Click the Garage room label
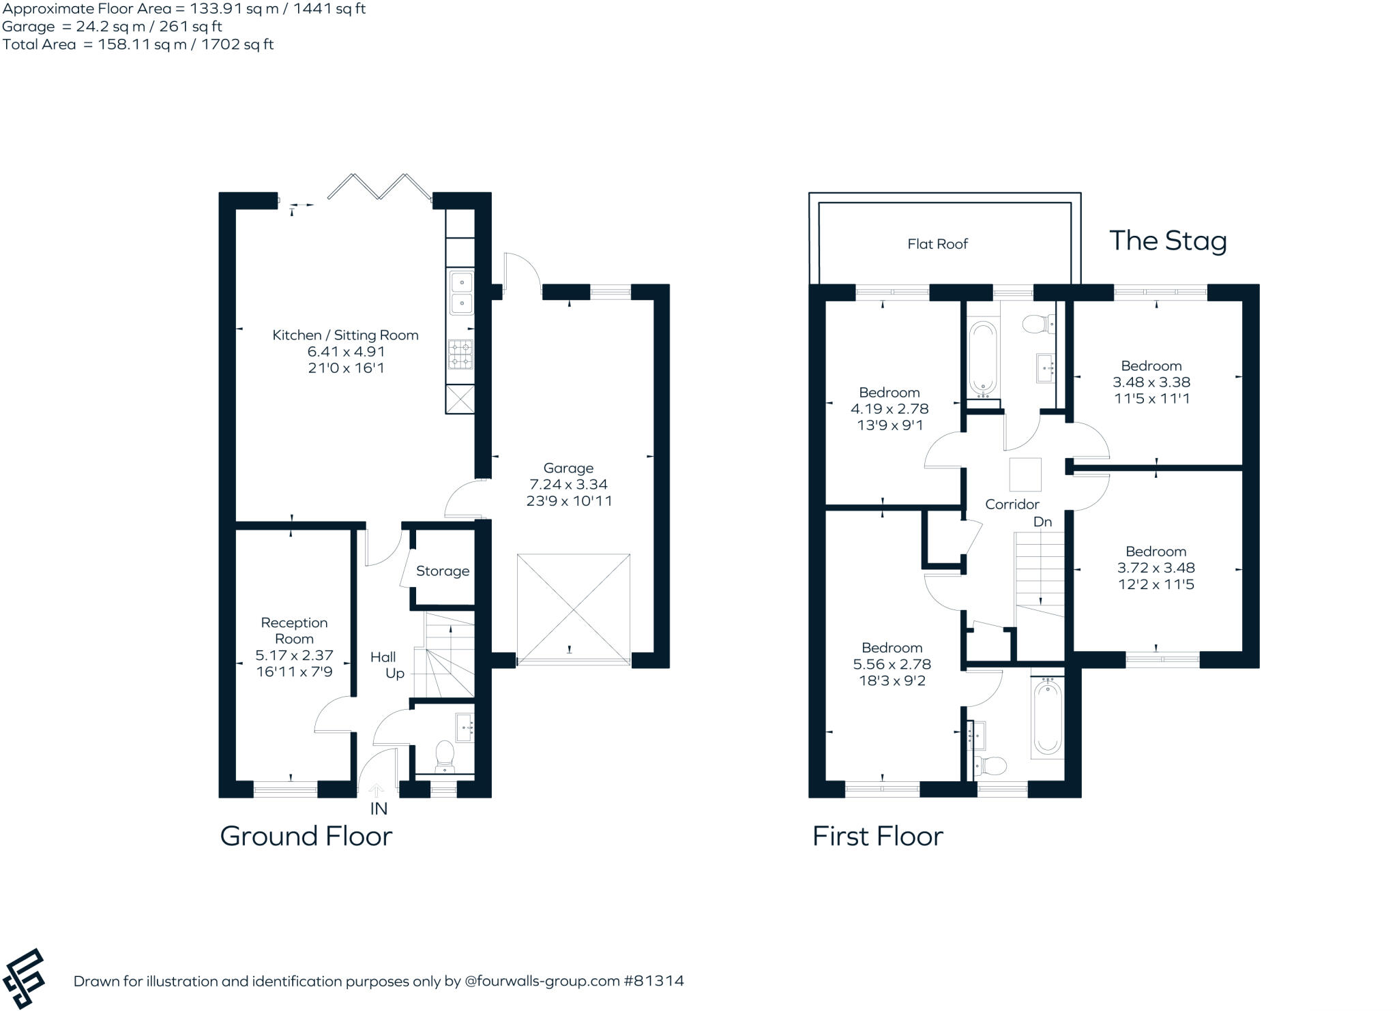click(x=568, y=468)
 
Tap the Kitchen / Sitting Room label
click(x=345, y=335)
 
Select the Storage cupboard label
click(x=443, y=571)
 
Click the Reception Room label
click(x=294, y=631)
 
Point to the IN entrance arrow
click(x=377, y=791)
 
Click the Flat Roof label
click(x=937, y=244)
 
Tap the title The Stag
click(x=1168, y=241)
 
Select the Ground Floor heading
click(x=306, y=836)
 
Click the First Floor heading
click(x=877, y=836)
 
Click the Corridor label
click(x=1012, y=504)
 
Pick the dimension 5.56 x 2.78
click(x=892, y=664)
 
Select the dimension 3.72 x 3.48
click(x=1156, y=568)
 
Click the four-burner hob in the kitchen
click(x=460, y=354)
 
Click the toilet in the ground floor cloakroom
click(x=445, y=755)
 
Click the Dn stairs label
click(x=1042, y=522)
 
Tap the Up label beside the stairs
click(x=395, y=674)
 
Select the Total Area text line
click(x=138, y=45)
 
